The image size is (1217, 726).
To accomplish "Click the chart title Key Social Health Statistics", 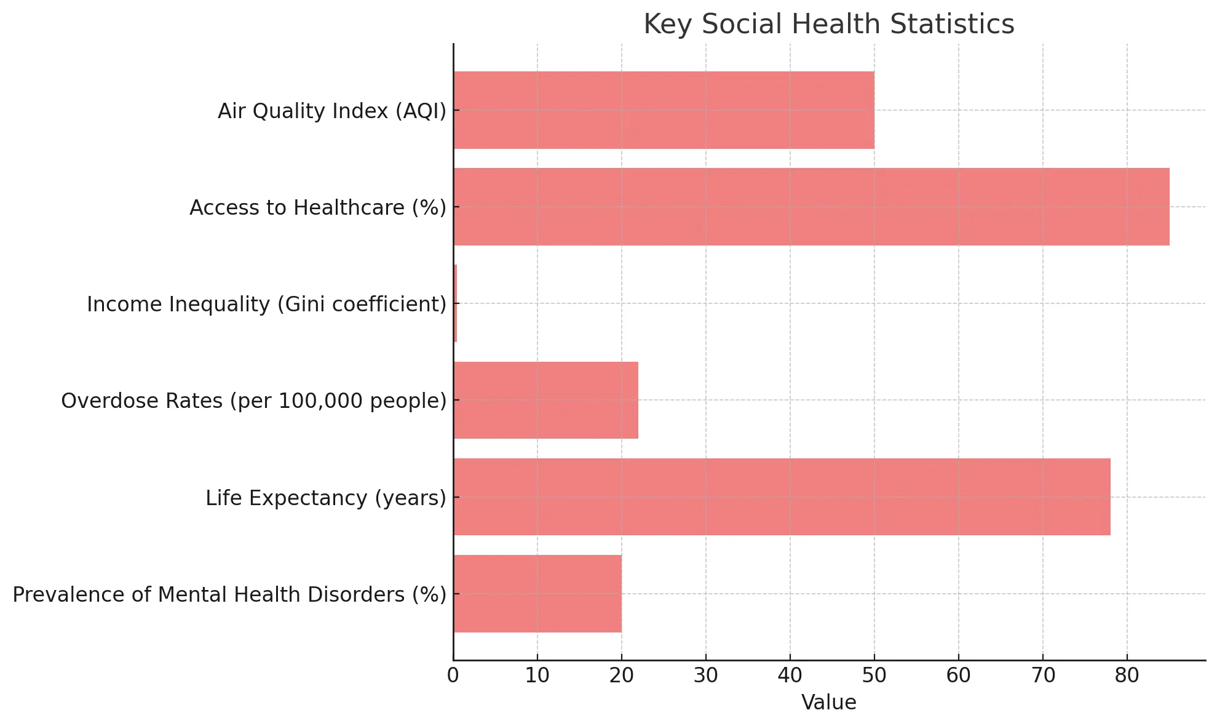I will pos(828,25).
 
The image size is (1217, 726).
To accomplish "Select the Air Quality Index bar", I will pos(664,110).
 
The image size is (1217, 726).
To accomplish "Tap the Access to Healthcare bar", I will pos(811,207).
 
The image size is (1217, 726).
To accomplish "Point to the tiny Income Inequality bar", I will pos(455,303).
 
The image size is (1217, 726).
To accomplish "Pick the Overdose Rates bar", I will pos(545,400).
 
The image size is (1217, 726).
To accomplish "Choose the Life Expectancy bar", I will pos(782,497).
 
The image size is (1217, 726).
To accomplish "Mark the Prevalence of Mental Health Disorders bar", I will pos(537,594).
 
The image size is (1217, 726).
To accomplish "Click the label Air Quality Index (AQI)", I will pos(332,111).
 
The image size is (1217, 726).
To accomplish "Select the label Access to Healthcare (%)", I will pos(318,208).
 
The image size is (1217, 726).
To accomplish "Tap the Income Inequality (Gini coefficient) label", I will pos(266,305).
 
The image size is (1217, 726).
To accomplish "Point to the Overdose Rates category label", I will pos(253,401).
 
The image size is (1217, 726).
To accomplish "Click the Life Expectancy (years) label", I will pos(326,498).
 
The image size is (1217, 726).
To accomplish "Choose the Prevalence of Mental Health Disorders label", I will pos(229,595).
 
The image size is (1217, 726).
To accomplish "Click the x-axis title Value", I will pos(828,702).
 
